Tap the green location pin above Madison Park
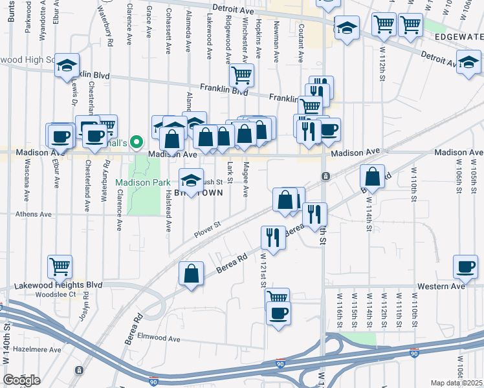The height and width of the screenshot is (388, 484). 136,142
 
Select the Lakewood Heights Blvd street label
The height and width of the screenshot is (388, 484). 67,285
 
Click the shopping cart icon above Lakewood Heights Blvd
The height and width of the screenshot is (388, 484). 60,265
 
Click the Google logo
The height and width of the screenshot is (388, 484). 21,380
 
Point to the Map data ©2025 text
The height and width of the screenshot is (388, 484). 457,383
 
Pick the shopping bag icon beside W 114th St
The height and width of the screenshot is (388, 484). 373,176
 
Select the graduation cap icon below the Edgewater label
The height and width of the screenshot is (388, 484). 468,63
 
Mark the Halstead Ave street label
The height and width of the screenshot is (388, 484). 167,212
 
